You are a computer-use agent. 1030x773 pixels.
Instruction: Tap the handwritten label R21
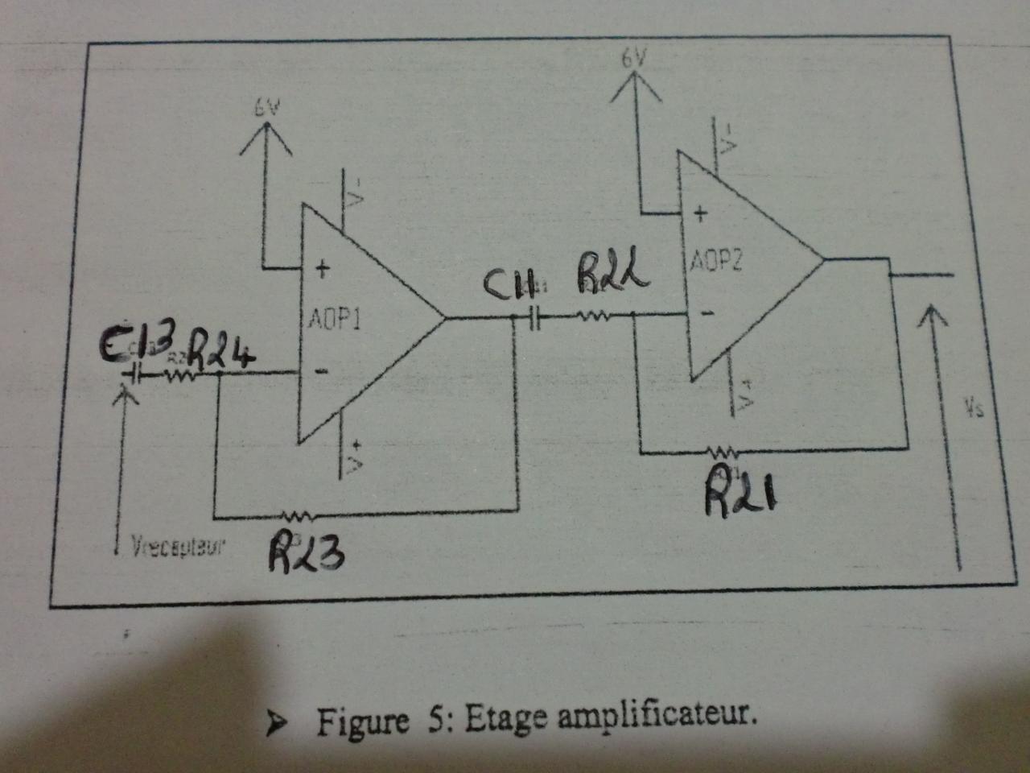tap(741, 490)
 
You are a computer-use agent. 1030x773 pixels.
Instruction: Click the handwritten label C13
tap(134, 347)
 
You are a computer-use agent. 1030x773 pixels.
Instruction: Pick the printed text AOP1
tap(334, 320)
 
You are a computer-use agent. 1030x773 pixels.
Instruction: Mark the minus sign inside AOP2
tap(705, 312)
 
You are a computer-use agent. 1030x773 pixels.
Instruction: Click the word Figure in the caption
tap(362, 722)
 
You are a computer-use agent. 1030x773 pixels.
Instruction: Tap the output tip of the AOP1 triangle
tap(445, 317)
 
